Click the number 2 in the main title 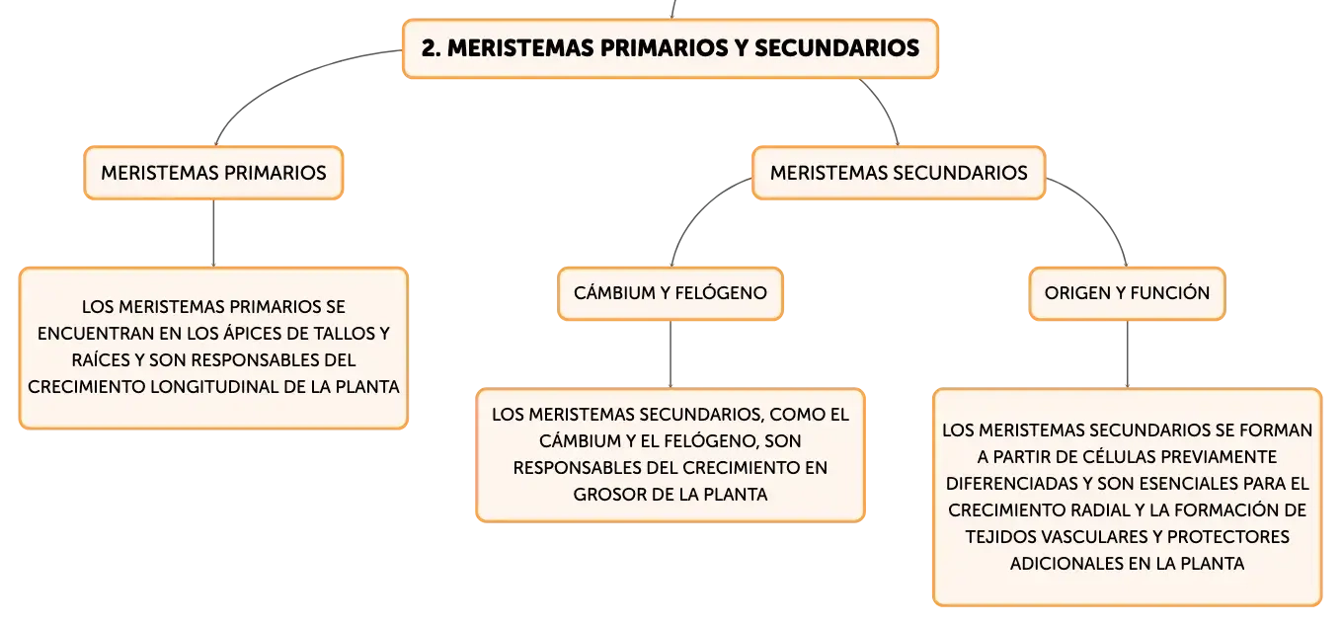click(x=429, y=48)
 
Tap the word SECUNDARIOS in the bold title click(x=836, y=48)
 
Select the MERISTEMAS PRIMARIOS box click(x=213, y=173)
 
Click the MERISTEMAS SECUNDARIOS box click(x=899, y=173)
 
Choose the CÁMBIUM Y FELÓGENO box click(x=671, y=293)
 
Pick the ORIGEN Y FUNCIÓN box click(x=1127, y=293)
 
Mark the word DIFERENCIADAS click(x=1012, y=483)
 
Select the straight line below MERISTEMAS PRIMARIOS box click(x=213, y=233)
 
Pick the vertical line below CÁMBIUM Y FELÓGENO click(x=671, y=354)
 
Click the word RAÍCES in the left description click(x=100, y=359)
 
